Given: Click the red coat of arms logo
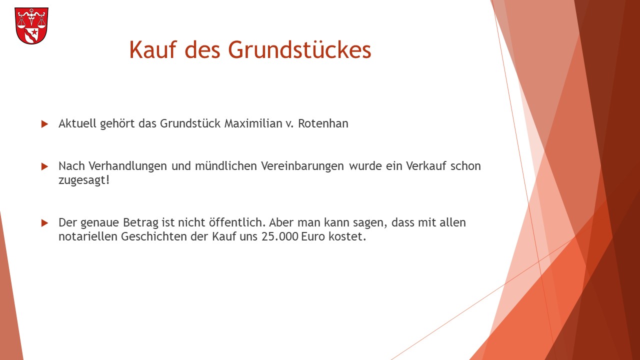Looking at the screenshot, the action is pyautogui.click(x=31, y=25).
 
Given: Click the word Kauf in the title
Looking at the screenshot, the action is pyautogui.click(x=153, y=49).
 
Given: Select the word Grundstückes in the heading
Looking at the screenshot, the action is pyautogui.click(x=299, y=49).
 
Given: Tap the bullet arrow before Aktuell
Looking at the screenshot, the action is pyautogui.click(x=44, y=124).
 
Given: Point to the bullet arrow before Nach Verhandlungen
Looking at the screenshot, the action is pyautogui.click(x=44, y=166).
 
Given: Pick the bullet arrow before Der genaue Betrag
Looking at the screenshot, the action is pyautogui.click(x=44, y=223).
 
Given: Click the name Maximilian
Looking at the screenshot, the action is pyautogui.click(x=253, y=123).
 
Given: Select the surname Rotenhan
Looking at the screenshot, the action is pyautogui.click(x=323, y=123).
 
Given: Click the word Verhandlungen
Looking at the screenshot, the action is pyautogui.click(x=127, y=165).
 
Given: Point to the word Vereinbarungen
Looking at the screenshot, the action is pyautogui.click(x=302, y=165).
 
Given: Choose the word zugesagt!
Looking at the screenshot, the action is pyautogui.click(x=84, y=180).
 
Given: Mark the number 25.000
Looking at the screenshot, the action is pyautogui.click(x=279, y=236).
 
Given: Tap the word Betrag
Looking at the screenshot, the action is pyautogui.click(x=140, y=223).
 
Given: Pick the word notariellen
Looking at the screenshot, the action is pyautogui.click(x=88, y=236).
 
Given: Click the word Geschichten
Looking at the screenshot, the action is pyautogui.click(x=153, y=236).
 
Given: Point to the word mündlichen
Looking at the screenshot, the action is pyautogui.click(x=226, y=165).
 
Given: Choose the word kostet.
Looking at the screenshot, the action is pyautogui.click(x=347, y=236).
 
